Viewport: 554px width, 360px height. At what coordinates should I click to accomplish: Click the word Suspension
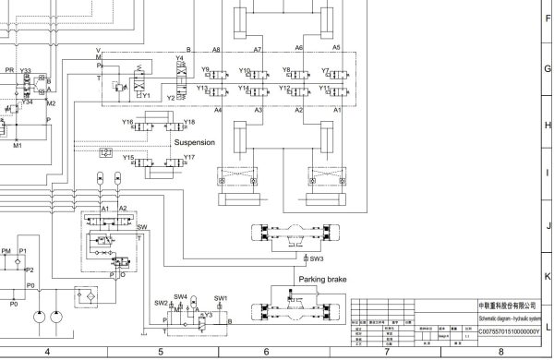coord(195,143)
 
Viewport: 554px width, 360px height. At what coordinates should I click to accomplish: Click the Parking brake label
coord(322,277)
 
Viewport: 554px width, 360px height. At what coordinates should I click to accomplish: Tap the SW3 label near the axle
coord(317,260)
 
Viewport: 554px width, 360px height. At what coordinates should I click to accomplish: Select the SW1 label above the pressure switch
coord(221,298)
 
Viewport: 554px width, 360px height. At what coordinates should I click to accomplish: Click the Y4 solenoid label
coord(180,59)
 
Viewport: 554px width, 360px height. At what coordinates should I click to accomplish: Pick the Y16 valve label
coord(127,122)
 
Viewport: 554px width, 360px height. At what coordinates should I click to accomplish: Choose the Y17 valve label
coord(189,158)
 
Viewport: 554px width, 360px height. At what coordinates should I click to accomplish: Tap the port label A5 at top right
coord(336,48)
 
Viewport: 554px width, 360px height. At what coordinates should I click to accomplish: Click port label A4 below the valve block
coord(218,110)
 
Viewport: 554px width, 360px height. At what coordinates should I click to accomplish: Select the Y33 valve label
coord(25,71)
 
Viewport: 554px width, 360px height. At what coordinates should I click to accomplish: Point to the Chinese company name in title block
coord(504,304)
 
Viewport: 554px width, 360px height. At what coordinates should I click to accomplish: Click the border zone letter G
coord(548,68)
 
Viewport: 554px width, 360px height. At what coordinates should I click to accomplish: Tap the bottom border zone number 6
coord(266,352)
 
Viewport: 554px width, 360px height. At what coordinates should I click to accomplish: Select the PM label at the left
coord(6,251)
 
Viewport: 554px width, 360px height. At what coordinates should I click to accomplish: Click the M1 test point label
coord(17,145)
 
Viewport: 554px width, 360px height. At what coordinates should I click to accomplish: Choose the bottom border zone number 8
coord(500,352)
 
